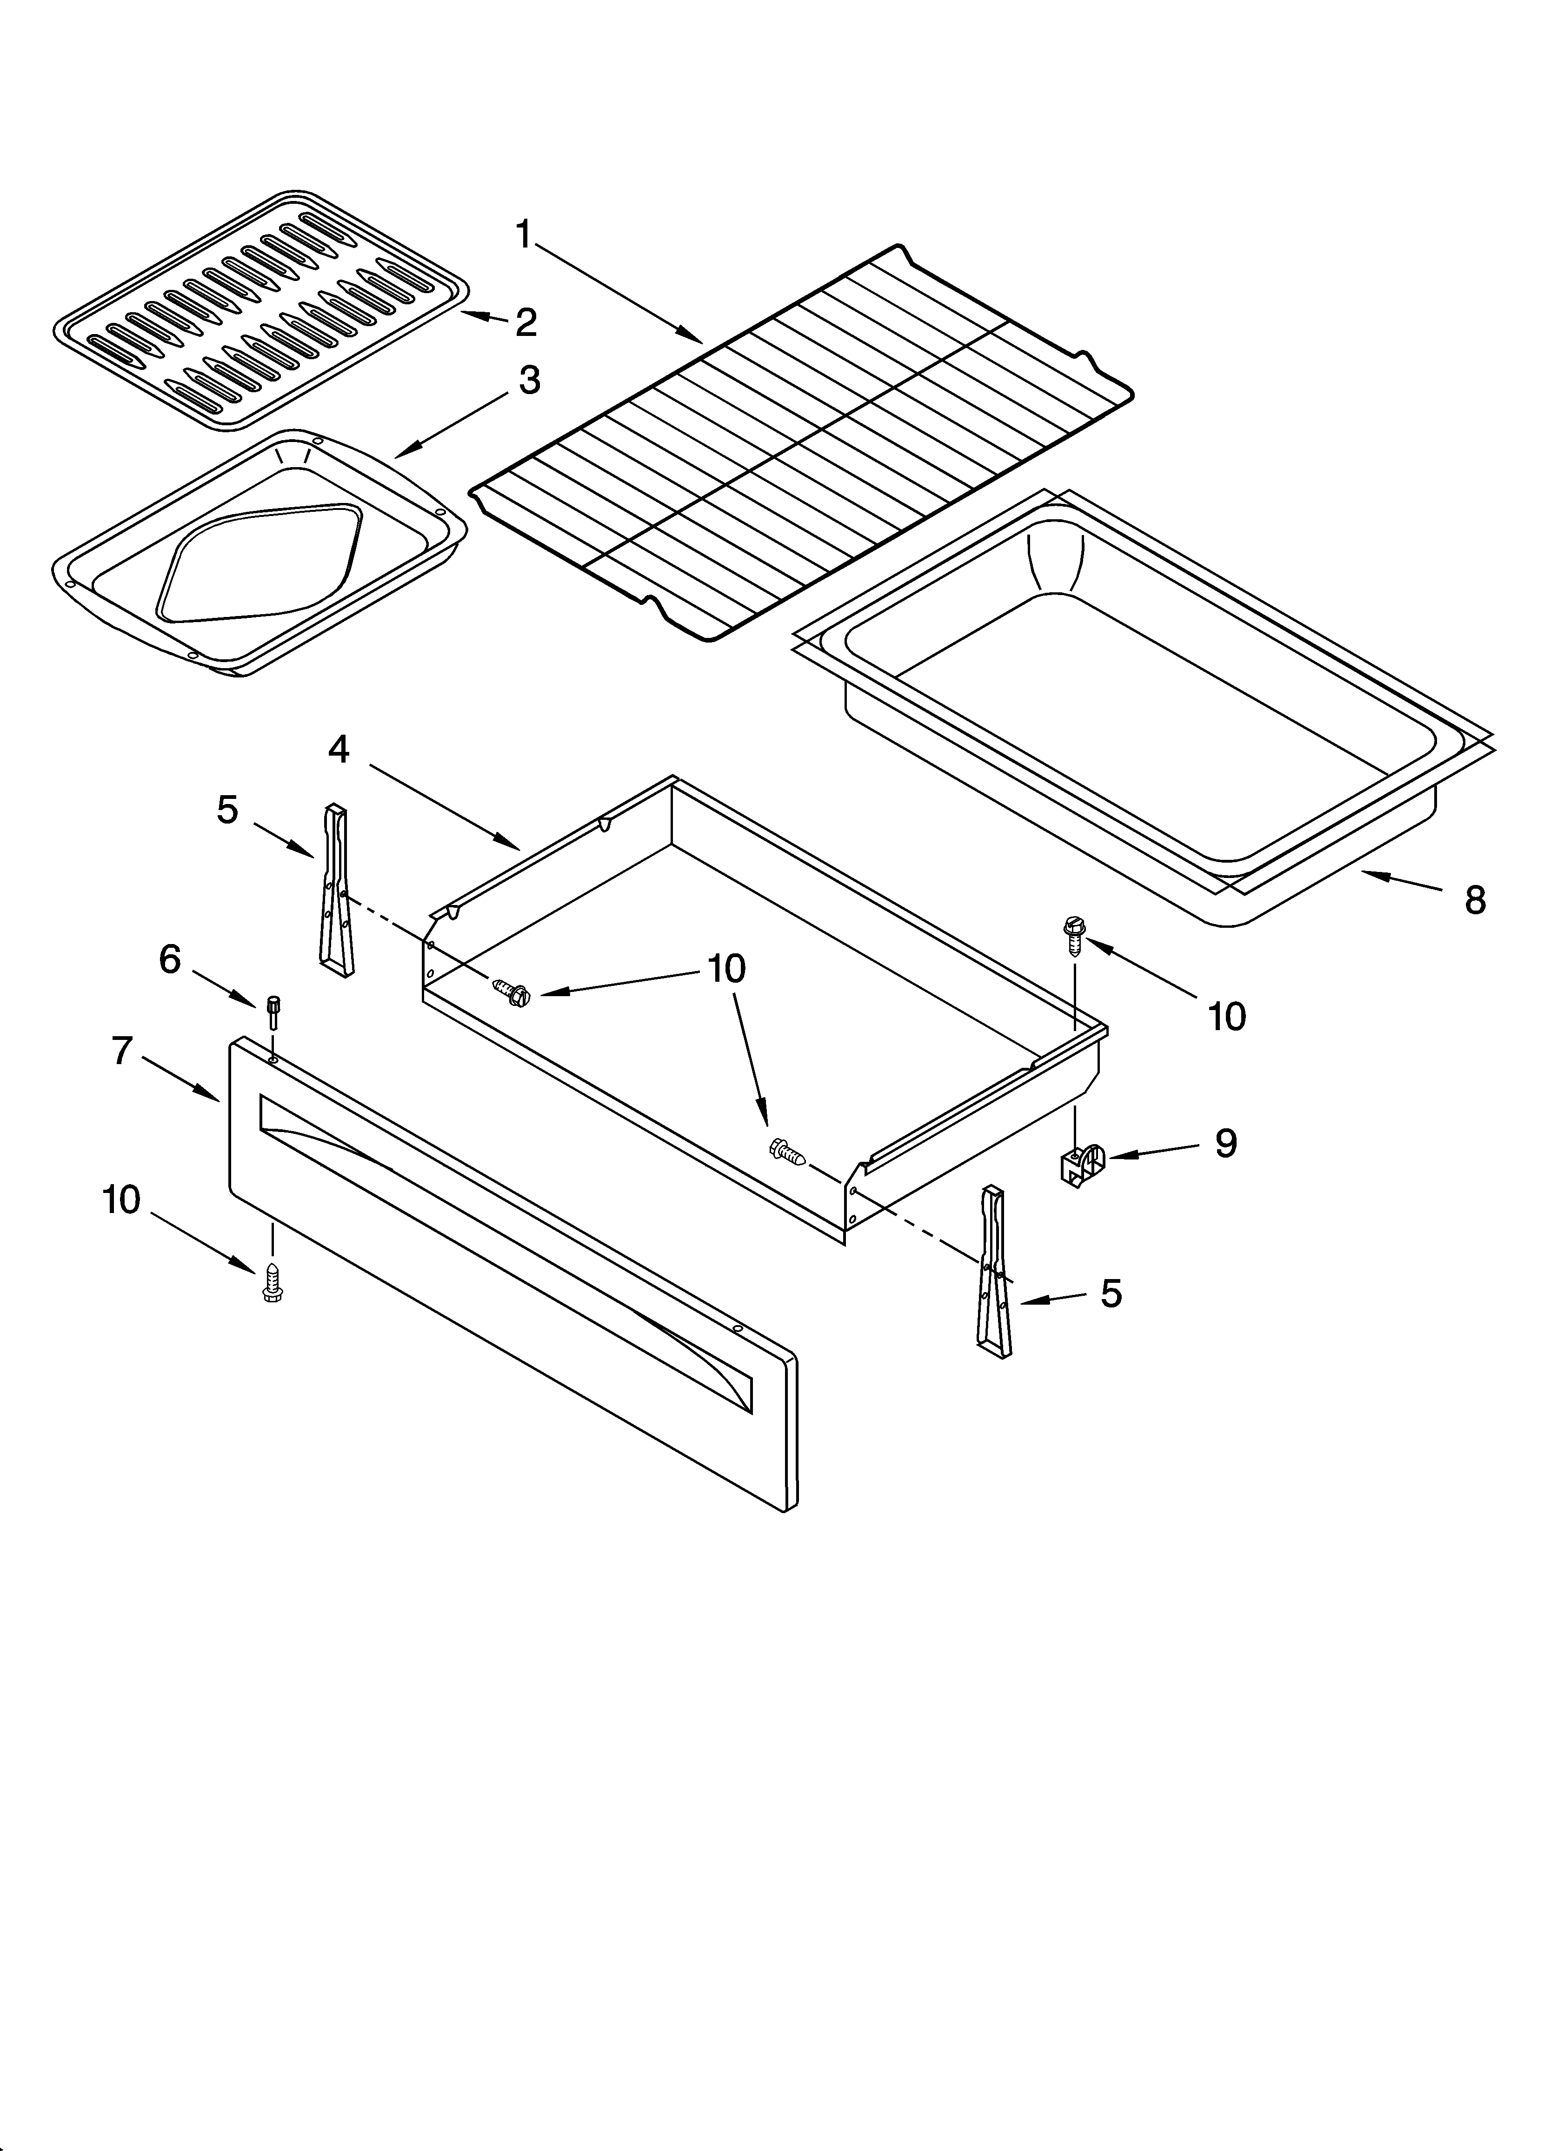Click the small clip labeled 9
coord(1081,1164)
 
